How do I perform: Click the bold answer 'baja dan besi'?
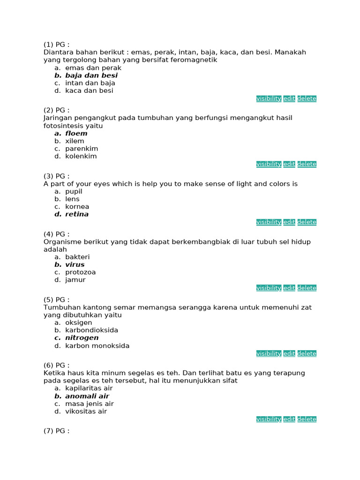(91, 75)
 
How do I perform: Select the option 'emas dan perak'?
(93, 68)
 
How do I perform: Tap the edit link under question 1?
(289, 98)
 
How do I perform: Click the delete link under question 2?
(307, 164)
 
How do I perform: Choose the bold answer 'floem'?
(76, 134)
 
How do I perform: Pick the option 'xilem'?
(75, 141)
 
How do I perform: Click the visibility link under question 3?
(269, 222)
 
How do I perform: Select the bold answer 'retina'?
(77, 214)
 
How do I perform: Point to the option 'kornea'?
(77, 207)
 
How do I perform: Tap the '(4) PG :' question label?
(56, 234)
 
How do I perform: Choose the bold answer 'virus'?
(75, 265)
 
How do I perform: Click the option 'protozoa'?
(81, 272)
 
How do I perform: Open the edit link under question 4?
(289, 288)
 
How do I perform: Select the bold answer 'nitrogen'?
(82, 338)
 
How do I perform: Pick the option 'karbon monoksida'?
(97, 346)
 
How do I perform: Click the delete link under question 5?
(307, 353)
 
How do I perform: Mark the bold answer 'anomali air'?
(87, 396)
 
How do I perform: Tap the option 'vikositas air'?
(86, 412)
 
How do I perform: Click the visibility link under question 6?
(269, 419)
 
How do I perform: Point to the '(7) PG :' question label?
(56, 431)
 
